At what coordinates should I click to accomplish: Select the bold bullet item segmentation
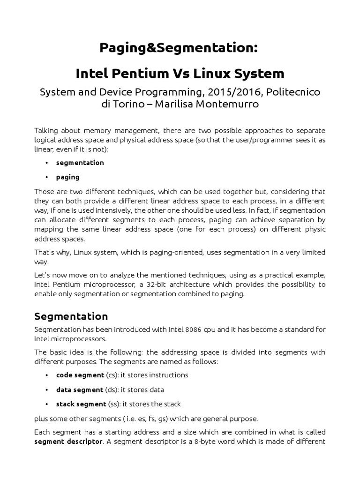(x=80, y=163)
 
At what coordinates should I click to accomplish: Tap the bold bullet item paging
(x=67, y=177)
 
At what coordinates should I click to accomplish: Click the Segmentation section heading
(x=71, y=316)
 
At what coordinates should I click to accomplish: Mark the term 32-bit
(x=178, y=285)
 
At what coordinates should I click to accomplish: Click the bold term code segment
(x=80, y=375)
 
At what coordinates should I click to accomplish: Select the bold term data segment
(x=79, y=390)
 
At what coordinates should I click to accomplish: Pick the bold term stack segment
(x=81, y=404)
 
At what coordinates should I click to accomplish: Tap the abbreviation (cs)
(x=112, y=375)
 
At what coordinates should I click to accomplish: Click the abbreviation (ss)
(x=113, y=404)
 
